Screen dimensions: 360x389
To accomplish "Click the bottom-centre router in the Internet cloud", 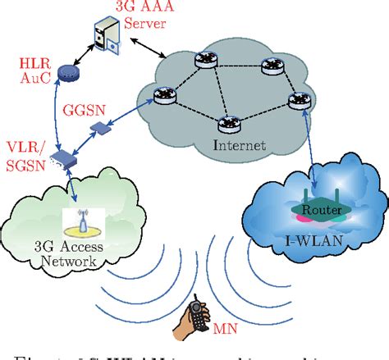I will coord(227,125).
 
